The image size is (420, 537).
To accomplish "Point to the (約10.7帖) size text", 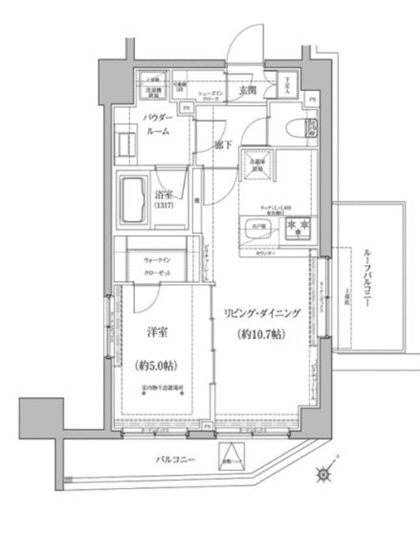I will (x=260, y=334).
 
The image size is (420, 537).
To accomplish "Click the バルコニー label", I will (x=175, y=460).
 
